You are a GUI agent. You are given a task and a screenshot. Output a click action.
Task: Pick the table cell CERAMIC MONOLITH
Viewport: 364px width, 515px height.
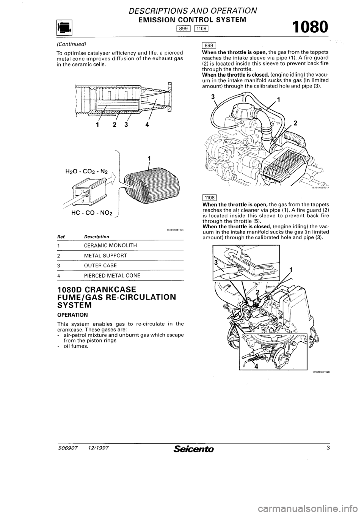point(94,245)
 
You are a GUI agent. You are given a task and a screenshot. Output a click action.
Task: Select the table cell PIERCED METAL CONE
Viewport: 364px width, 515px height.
point(97,275)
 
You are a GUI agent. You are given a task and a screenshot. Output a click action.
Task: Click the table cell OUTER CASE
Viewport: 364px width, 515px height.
point(88,265)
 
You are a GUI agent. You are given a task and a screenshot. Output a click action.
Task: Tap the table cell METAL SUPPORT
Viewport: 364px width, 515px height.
point(91,255)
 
